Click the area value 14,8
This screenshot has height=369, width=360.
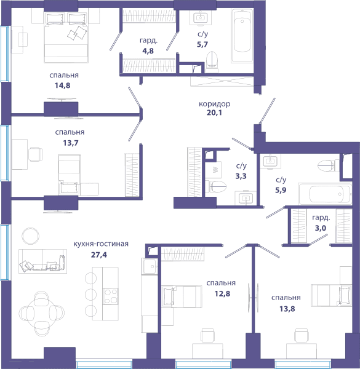(62, 85)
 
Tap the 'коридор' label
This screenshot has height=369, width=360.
(215, 104)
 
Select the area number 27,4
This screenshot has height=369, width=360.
(99, 255)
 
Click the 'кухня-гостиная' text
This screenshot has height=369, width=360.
(101, 244)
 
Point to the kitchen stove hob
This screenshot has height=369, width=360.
(111, 296)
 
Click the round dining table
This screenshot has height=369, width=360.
(42, 314)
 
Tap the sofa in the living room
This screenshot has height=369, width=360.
(43, 261)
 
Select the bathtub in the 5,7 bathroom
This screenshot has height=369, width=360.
(242, 36)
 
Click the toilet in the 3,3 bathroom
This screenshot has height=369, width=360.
(215, 186)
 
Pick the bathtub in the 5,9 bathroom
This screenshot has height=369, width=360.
(325, 194)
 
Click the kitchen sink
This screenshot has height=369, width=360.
(150, 266)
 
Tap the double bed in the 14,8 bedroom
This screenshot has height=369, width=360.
(66, 38)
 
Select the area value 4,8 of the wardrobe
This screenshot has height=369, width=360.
(148, 50)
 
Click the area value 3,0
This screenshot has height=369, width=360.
(321, 228)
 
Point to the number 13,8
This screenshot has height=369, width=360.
(287, 309)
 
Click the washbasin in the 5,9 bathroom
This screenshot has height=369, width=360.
(270, 161)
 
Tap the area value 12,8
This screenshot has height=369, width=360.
(222, 293)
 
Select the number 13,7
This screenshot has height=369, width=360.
(71, 143)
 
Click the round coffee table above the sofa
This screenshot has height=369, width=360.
(31, 236)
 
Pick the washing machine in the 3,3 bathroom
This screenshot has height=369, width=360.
(213, 170)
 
